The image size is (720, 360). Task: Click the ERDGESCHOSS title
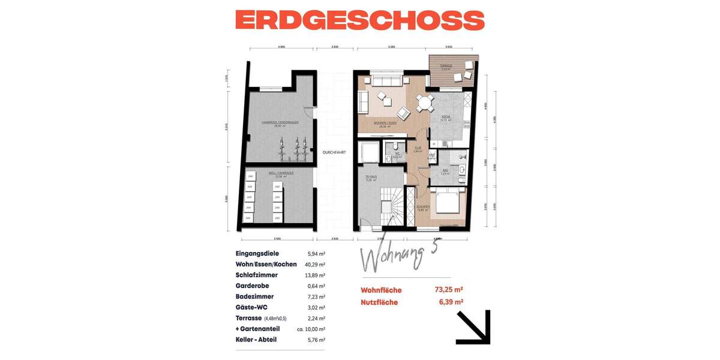tap(359, 20)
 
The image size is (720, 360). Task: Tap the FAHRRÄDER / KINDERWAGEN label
tap(280, 122)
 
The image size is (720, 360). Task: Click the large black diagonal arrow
tap(473, 327)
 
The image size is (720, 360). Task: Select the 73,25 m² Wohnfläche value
tap(449, 289)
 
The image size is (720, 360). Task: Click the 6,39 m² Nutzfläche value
tap(451, 302)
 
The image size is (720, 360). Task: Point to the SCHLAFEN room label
tap(423, 208)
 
